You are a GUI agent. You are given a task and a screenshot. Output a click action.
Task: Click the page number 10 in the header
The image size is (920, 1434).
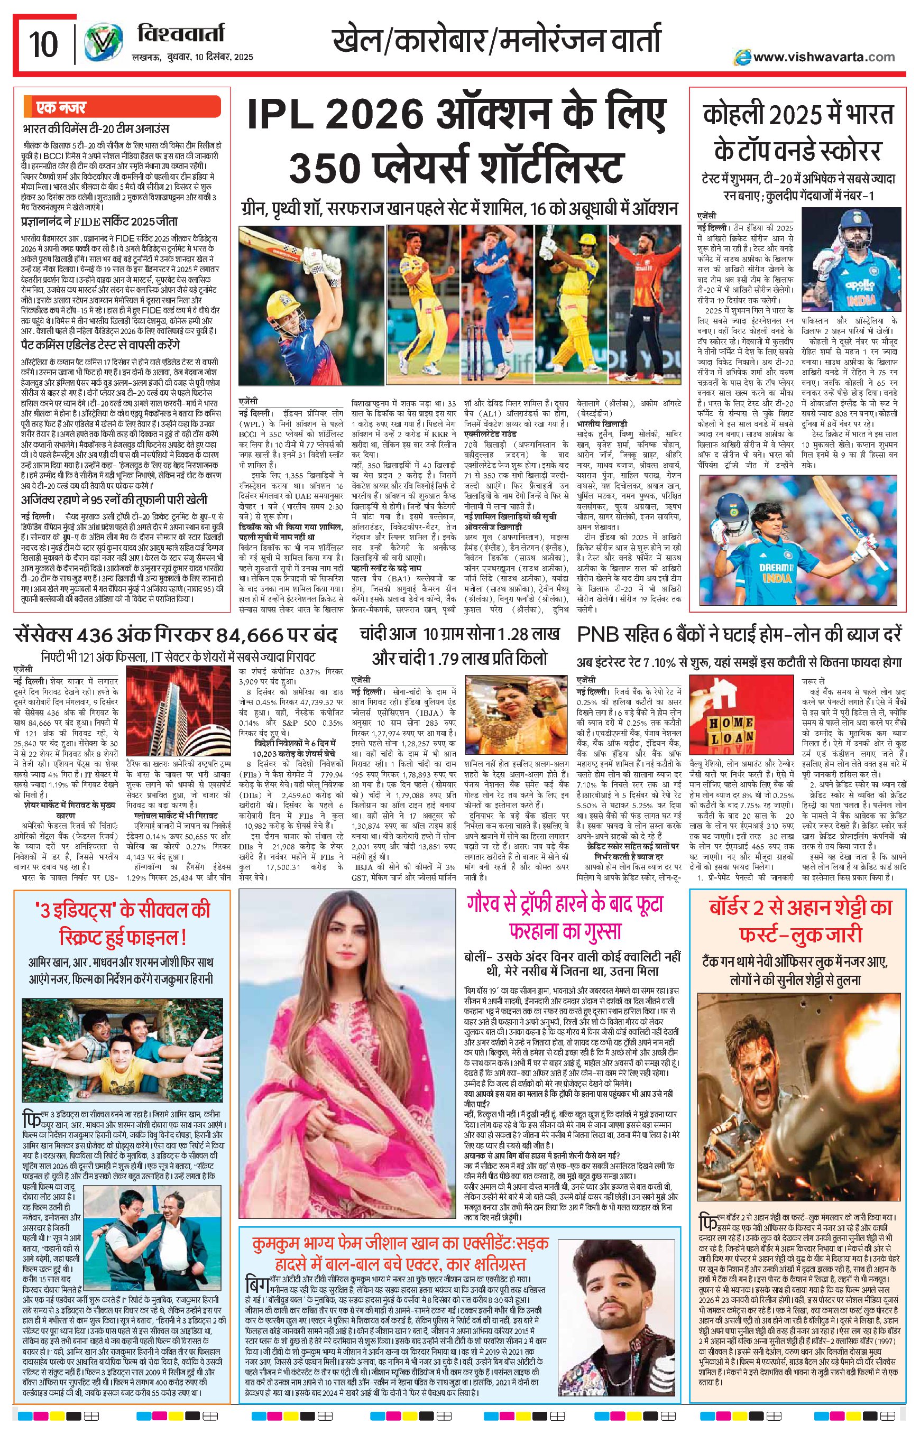(43, 43)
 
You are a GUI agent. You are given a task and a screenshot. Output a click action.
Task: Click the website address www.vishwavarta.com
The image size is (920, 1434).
(823, 57)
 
